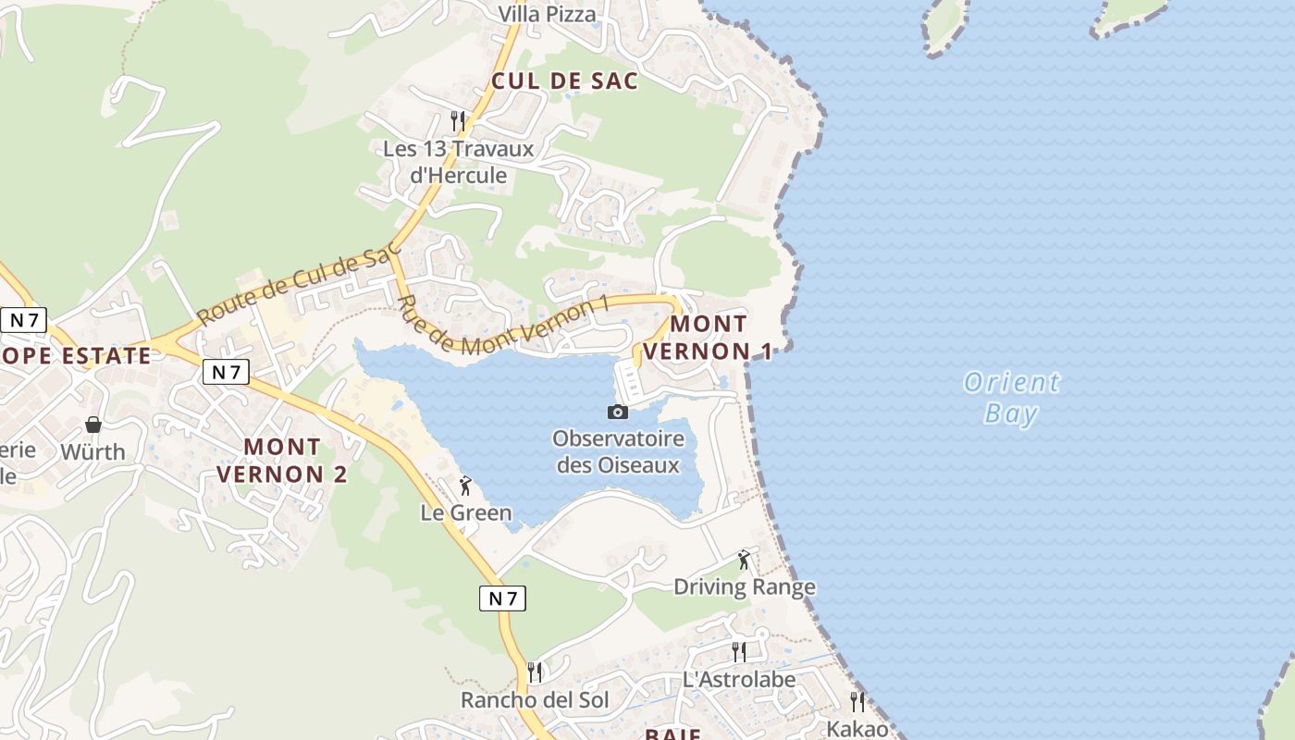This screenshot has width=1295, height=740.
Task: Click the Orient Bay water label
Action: (1011, 398)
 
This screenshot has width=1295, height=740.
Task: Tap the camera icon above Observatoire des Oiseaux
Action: (618, 412)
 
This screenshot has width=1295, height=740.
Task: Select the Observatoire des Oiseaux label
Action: (618, 451)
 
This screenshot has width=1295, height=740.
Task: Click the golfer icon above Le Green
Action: (465, 486)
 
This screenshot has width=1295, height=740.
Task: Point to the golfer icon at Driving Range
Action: (744, 560)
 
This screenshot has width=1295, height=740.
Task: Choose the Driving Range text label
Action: (744, 586)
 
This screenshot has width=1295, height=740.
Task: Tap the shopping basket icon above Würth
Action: (93, 425)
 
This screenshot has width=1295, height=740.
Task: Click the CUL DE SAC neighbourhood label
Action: (564, 80)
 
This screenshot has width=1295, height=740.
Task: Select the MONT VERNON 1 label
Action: (709, 338)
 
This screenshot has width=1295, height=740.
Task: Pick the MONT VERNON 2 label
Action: (282, 460)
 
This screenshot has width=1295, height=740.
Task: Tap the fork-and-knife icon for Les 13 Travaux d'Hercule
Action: (457, 120)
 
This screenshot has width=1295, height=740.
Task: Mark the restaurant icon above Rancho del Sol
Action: (535, 672)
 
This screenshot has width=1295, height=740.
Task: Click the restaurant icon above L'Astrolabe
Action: (738, 651)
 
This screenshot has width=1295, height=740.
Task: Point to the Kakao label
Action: (857, 728)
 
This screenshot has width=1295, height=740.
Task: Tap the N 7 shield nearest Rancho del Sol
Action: (502, 598)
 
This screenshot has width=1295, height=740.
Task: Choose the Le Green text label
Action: (465, 512)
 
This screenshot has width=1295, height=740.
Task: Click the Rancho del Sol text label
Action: (535, 700)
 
